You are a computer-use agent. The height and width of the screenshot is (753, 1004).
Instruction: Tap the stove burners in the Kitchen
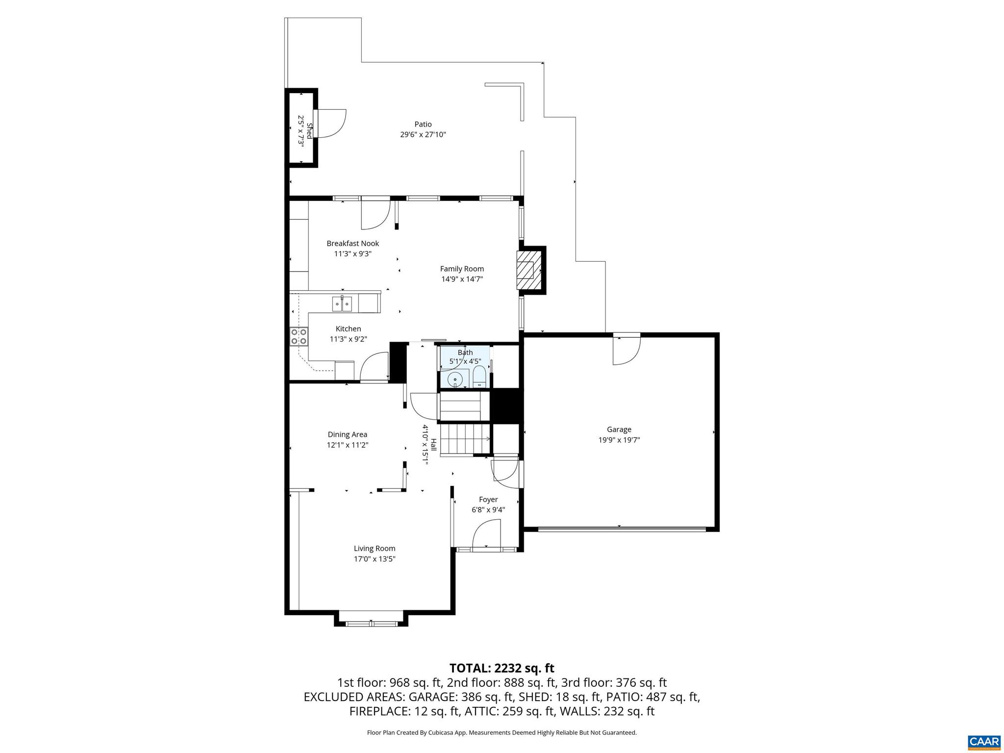click(299, 336)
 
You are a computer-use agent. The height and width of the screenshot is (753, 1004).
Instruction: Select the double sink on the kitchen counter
click(342, 304)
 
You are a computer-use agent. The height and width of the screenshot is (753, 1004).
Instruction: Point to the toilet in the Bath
click(479, 377)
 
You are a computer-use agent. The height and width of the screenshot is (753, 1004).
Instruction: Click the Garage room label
click(619, 429)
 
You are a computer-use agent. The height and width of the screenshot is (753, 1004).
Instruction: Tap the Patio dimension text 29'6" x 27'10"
click(423, 135)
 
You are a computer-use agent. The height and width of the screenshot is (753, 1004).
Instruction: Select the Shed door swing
click(332, 123)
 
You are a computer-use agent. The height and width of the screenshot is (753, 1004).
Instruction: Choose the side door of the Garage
click(627, 349)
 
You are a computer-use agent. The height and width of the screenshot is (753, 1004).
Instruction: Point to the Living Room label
click(375, 549)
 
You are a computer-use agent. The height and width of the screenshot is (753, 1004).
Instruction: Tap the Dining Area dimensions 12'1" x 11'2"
click(347, 445)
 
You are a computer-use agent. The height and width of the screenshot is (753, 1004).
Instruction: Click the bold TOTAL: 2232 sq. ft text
click(502, 668)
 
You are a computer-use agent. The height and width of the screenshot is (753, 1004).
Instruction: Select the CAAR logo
click(983, 742)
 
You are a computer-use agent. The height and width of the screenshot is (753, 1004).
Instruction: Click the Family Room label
click(461, 269)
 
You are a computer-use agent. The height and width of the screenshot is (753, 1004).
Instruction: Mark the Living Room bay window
click(371, 623)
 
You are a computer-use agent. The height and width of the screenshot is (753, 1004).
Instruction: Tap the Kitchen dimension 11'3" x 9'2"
click(348, 339)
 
